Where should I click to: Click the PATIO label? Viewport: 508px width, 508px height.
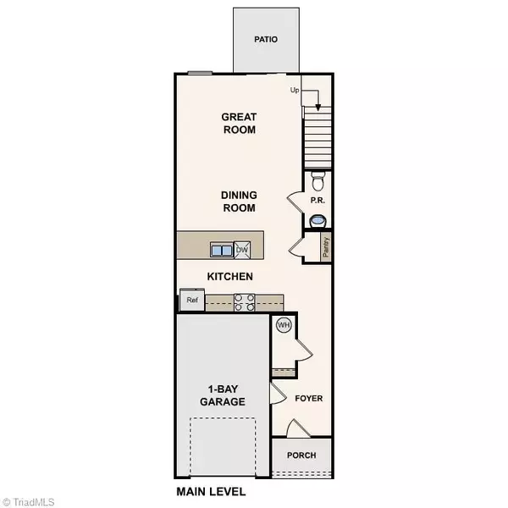(267, 39)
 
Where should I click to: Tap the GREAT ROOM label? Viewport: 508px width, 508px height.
(239, 124)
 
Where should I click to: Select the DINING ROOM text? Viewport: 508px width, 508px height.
(239, 201)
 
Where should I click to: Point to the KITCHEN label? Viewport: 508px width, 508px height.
(230, 277)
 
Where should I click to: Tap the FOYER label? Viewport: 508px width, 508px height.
(309, 398)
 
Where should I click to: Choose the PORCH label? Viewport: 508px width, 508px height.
(301, 456)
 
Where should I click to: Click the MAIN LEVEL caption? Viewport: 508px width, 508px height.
(211, 491)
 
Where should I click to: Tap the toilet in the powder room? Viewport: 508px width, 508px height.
(318, 180)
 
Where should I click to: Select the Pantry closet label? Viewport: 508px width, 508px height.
(325, 246)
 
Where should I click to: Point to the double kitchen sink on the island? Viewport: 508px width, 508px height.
(222, 250)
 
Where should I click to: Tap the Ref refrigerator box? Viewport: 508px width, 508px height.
(191, 300)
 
